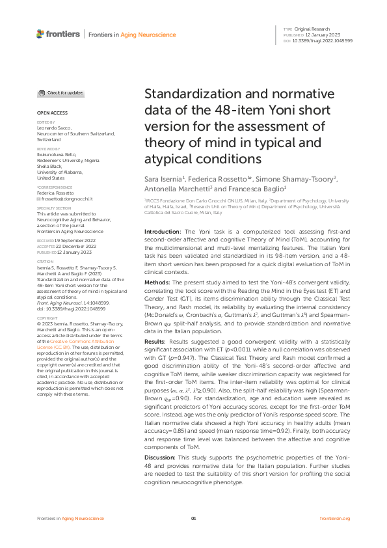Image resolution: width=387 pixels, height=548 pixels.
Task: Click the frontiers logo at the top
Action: click(x=58, y=34)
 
